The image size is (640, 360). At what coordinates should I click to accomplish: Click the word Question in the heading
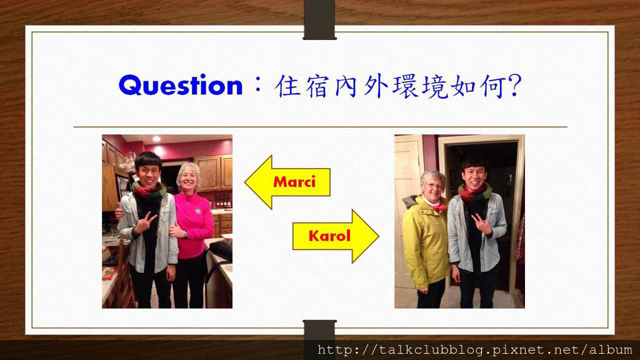click(x=181, y=86)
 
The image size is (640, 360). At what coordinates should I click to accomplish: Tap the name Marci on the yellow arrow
click(x=294, y=182)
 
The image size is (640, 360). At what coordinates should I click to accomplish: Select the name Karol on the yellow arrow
click(x=329, y=236)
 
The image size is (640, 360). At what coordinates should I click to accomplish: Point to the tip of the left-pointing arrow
click(x=245, y=182)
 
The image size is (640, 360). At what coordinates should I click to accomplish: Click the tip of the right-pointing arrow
click(x=379, y=236)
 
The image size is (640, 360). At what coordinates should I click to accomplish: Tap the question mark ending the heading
click(x=515, y=85)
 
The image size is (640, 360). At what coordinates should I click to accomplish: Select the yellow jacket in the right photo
click(x=425, y=241)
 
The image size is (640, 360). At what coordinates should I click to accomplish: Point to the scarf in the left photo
click(x=149, y=191)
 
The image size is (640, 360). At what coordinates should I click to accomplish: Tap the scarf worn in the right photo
click(x=475, y=193)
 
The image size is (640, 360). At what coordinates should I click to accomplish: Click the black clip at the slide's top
click(x=319, y=19)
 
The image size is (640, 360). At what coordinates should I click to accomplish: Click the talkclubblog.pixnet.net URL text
click(x=475, y=350)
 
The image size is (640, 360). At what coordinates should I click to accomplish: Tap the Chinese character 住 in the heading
click(x=288, y=86)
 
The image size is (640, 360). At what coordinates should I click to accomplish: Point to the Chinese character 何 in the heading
click(x=494, y=86)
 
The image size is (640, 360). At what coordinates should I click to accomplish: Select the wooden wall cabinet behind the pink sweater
click(x=213, y=174)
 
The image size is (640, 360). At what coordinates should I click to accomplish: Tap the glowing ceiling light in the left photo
click(x=157, y=139)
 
